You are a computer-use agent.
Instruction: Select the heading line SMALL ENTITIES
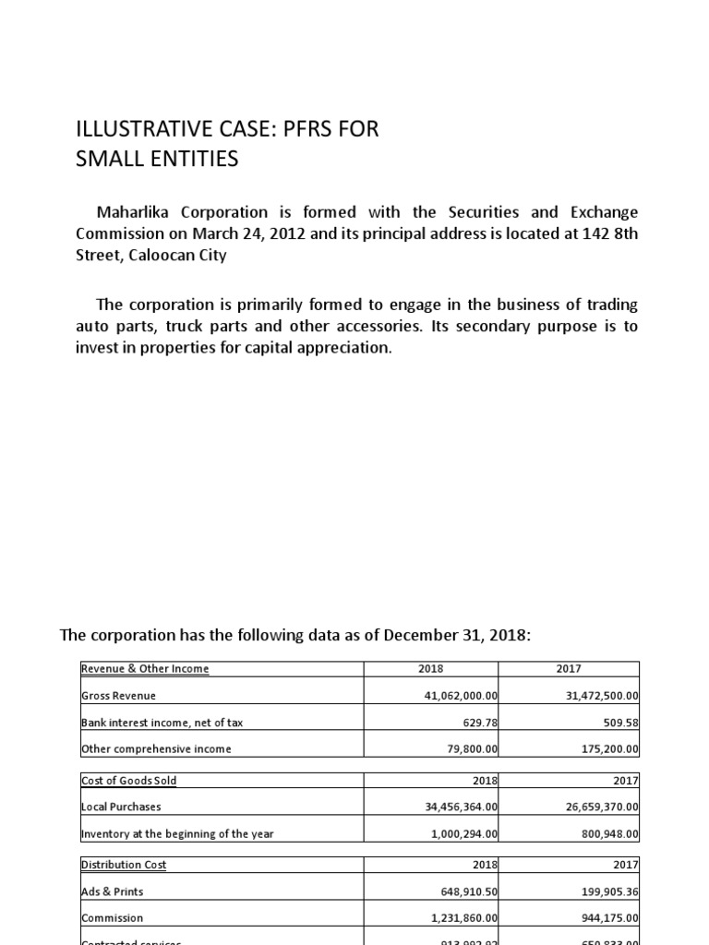pyautogui.click(x=157, y=160)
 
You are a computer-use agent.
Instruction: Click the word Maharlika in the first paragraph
pyautogui.click(x=138, y=212)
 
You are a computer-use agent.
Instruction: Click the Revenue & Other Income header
pyautogui.click(x=145, y=668)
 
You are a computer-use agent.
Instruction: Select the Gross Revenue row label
pyautogui.click(x=119, y=695)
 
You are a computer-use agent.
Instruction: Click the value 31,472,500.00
pyautogui.click(x=603, y=695)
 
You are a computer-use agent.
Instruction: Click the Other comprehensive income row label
pyautogui.click(x=156, y=748)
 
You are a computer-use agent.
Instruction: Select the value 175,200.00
pyautogui.click(x=609, y=748)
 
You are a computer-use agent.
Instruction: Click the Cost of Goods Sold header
pyautogui.click(x=129, y=780)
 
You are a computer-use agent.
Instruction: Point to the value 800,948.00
pyautogui.click(x=609, y=833)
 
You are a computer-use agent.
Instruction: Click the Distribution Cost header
pyautogui.click(x=124, y=865)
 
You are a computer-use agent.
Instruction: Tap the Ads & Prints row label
pyautogui.click(x=113, y=891)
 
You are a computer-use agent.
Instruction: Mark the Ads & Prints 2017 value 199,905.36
pyautogui.click(x=609, y=891)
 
